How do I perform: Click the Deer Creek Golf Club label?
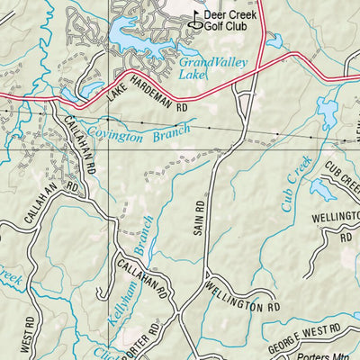point(230,22)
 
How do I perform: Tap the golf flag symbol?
point(197,16)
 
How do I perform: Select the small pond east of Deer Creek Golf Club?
point(274,40)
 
